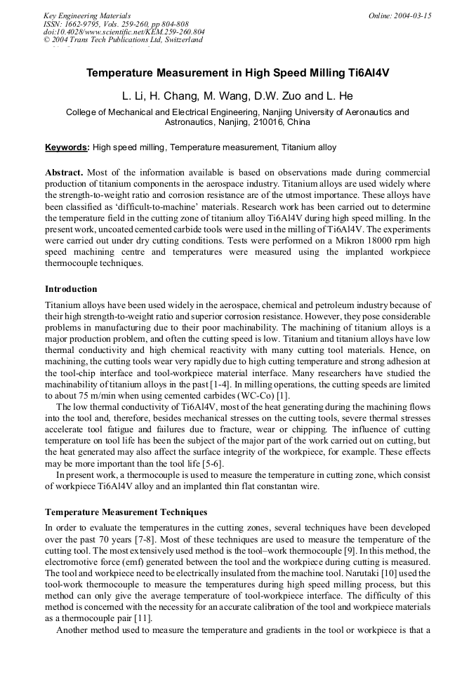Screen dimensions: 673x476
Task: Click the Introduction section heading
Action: [71, 289]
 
